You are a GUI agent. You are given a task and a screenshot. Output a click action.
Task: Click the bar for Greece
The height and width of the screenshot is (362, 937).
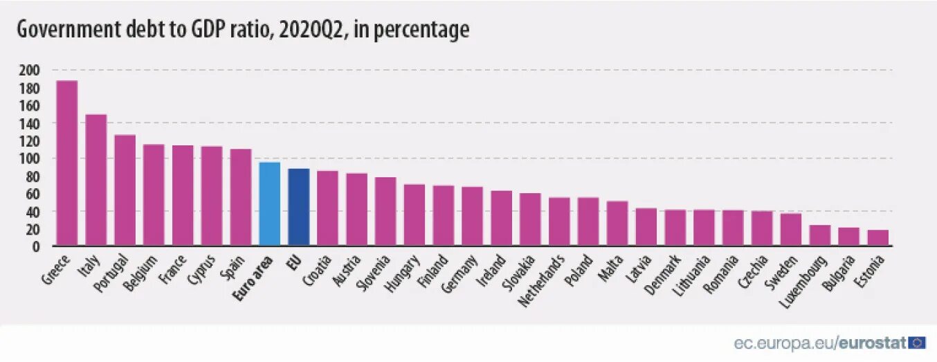point(66,163)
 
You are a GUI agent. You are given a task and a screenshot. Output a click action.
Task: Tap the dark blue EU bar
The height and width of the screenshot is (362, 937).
point(298,207)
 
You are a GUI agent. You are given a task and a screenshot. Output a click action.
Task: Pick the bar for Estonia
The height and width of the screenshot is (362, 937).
point(877,237)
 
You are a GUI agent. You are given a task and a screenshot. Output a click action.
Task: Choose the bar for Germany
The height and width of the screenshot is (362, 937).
point(472,216)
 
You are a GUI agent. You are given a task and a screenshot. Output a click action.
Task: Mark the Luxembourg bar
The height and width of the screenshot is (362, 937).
point(819,235)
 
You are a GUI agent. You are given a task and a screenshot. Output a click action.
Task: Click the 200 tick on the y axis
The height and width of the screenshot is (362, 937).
point(30,71)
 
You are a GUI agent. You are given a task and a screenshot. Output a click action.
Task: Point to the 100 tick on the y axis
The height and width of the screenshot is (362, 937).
point(30,159)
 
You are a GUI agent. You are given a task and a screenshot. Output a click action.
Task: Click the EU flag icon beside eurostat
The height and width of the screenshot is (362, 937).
point(918,342)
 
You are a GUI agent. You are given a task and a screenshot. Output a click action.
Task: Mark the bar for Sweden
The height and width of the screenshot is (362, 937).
point(790,229)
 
